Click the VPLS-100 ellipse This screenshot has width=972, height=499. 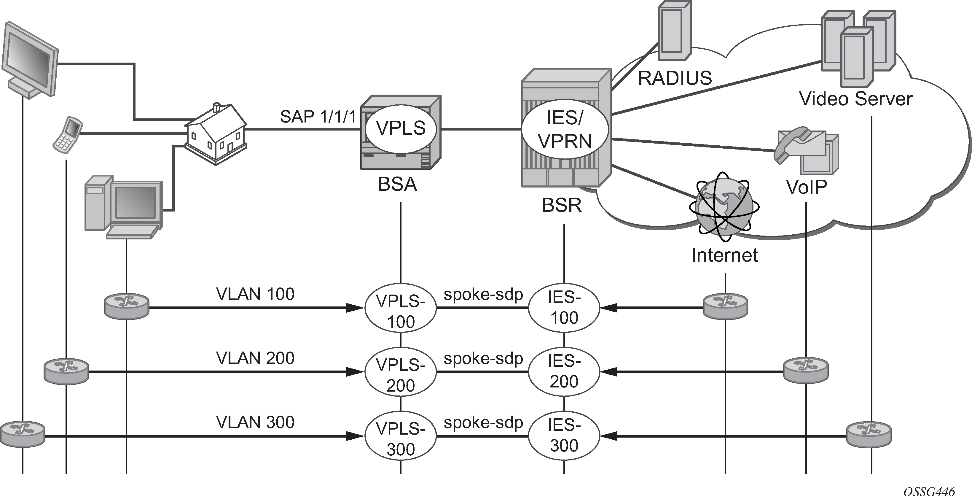point(400,308)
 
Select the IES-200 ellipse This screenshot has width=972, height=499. point(564,372)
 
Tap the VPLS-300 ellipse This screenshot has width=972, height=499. point(400,436)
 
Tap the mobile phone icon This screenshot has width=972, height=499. point(68,135)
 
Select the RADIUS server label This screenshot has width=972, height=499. point(675,78)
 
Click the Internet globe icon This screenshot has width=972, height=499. point(724,206)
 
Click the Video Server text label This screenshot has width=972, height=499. point(855,99)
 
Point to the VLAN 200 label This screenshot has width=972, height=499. point(255,358)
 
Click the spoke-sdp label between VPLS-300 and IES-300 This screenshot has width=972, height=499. point(483,423)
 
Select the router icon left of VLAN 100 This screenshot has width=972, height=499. point(126,306)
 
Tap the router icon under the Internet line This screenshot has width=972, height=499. point(725,306)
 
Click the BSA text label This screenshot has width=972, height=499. point(397,185)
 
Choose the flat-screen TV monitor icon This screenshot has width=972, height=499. point(30,61)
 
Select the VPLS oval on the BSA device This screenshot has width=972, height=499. point(401,128)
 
